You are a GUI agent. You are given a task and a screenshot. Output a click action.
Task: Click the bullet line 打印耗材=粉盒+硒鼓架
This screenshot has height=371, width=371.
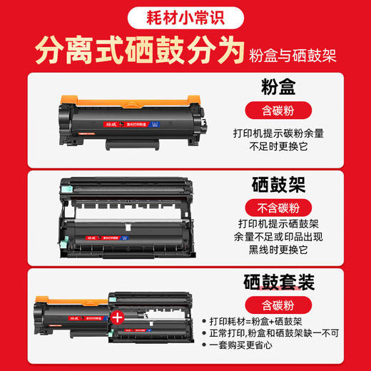pyautogui.click(x=284, y=322)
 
